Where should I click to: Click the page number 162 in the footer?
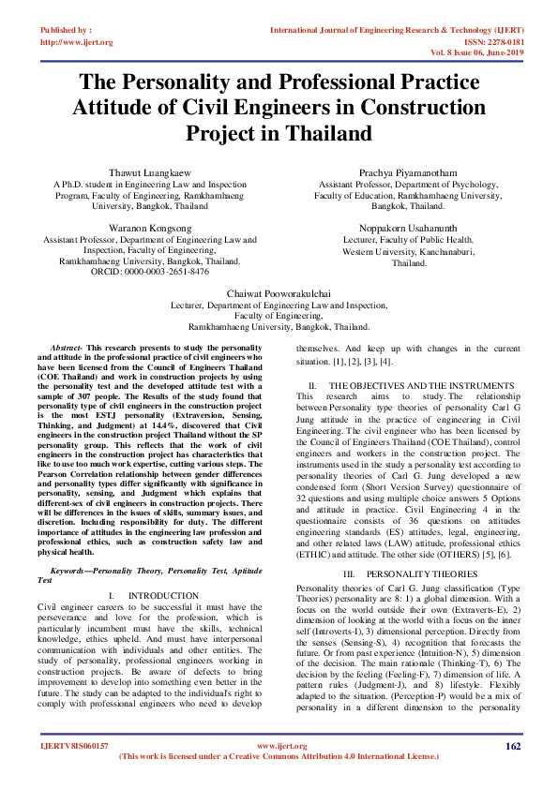click(x=512, y=746)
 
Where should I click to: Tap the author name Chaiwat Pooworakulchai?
click(x=279, y=293)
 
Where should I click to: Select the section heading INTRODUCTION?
click(x=163, y=595)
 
